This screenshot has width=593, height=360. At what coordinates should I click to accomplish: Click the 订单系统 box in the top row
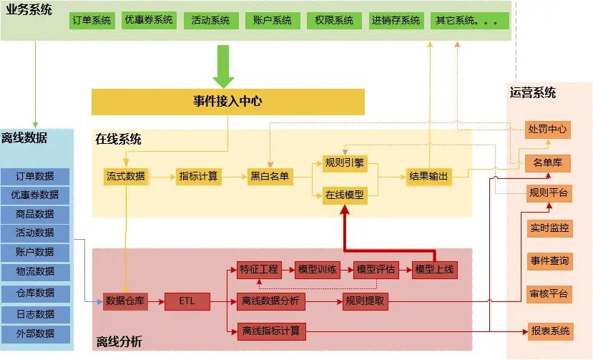click(x=92, y=21)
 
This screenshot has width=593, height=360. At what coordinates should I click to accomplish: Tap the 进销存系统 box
click(x=396, y=21)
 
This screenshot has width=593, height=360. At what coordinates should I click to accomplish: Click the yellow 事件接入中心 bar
click(x=227, y=102)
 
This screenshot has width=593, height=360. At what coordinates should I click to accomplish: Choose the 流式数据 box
click(x=126, y=176)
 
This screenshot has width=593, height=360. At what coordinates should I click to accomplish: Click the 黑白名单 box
click(x=270, y=176)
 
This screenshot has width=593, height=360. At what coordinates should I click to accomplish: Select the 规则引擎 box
click(x=344, y=163)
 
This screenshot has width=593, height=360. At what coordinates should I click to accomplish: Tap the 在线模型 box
click(x=344, y=195)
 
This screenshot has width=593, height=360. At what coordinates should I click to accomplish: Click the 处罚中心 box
click(x=547, y=130)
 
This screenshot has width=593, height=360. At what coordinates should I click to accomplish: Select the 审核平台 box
click(x=549, y=293)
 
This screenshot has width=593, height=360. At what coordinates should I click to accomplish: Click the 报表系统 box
click(x=549, y=331)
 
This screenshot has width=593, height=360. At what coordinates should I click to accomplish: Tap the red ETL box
click(x=187, y=301)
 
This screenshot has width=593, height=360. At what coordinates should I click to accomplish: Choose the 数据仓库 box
click(x=125, y=301)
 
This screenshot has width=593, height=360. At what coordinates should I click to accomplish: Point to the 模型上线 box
click(x=434, y=270)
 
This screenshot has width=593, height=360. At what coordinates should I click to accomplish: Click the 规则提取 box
click(x=365, y=301)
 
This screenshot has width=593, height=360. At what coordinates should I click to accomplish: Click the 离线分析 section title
click(x=119, y=342)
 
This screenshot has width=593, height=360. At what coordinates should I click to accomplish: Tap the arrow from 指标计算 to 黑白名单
click(x=235, y=176)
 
